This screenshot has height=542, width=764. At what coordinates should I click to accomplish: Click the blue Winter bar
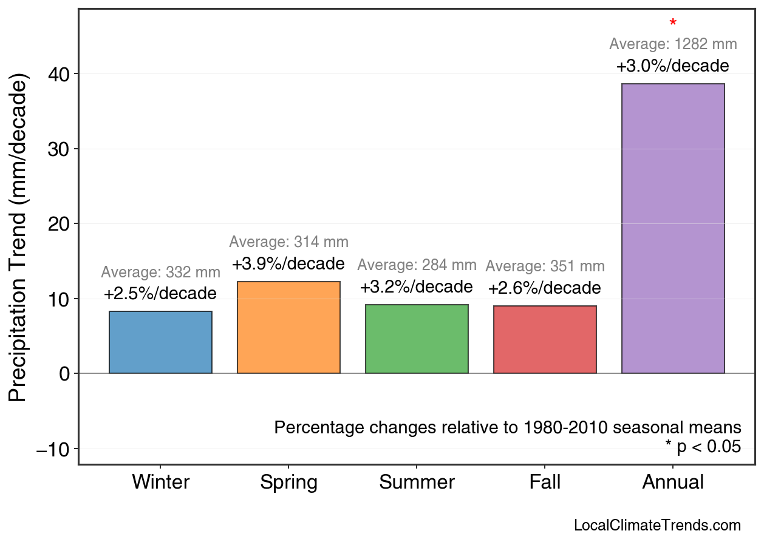click(160, 342)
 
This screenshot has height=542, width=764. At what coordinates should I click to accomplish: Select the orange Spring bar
click(288, 327)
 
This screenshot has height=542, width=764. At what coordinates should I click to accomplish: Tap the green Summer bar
click(417, 339)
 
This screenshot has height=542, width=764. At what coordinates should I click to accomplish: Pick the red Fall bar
click(545, 339)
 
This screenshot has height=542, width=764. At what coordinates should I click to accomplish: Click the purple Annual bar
click(673, 228)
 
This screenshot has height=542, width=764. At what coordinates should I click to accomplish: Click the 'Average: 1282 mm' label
click(673, 44)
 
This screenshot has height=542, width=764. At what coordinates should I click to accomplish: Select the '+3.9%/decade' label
click(288, 264)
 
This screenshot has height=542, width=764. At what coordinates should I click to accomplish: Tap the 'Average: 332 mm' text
click(160, 273)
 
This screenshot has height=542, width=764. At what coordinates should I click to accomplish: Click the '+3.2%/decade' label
click(417, 286)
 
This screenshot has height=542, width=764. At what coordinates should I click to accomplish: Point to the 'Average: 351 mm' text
click(545, 266)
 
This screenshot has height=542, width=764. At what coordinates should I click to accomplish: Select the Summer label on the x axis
click(417, 483)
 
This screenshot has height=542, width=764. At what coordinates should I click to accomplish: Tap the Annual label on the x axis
click(673, 483)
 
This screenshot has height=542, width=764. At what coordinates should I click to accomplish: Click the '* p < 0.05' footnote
click(703, 447)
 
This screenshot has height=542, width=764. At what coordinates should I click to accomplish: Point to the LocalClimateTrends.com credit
click(657, 526)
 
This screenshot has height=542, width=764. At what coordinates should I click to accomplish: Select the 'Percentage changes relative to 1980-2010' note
click(508, 427)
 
